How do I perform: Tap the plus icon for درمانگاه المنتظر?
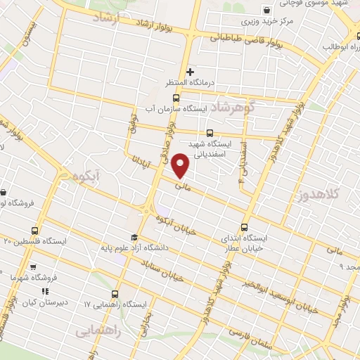point(190,72)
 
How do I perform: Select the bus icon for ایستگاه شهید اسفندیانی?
point(210,134)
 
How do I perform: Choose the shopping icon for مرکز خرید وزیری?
point(266,10)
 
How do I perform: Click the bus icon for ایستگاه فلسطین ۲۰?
point(35,230)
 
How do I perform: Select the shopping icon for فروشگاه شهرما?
point(32,267)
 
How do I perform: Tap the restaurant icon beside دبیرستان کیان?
point(45,291)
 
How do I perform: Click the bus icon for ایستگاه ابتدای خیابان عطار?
point(245,227)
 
